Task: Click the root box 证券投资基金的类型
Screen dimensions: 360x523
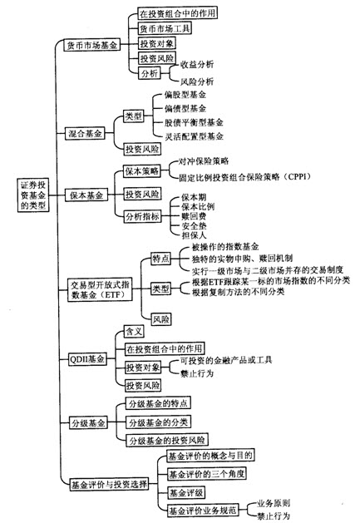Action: point(33,195)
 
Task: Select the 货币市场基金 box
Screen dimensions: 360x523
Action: point(91,45)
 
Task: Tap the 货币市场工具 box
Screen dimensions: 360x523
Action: point(165,28)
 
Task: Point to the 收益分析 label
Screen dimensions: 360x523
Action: point(197,64)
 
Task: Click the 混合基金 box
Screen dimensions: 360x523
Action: point(85,134)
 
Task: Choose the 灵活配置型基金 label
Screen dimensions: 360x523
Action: point(194,136)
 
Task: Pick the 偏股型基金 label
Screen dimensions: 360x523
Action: point(185,95)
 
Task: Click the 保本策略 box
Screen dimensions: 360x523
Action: point(142,171)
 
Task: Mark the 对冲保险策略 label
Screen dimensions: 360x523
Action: point(204,161)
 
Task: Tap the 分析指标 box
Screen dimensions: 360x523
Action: point(142,216)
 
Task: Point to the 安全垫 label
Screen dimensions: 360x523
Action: point(194,226)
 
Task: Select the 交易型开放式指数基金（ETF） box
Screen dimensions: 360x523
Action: point(100,290)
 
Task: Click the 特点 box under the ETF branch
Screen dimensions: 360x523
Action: point(160,259)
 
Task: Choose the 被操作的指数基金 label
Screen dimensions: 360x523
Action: point(225,247)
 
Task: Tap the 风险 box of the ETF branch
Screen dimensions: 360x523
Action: point(160,319)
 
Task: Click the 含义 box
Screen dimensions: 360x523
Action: point(134,331)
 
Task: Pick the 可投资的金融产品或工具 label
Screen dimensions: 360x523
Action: point(226,360)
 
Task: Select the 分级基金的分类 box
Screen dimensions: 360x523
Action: point(158,422)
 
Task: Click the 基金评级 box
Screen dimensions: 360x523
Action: point(186,492)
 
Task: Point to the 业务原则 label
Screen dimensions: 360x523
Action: point(274,503)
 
